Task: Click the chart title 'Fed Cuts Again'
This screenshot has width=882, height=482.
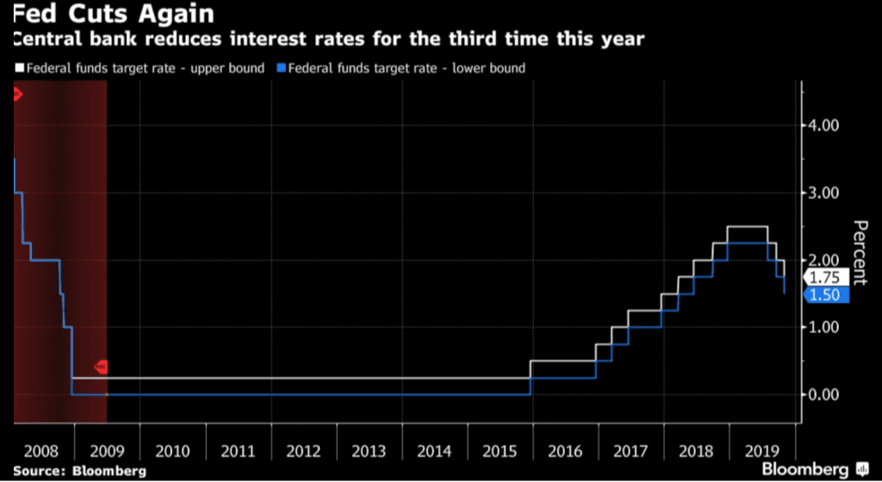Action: [x=112, y=15]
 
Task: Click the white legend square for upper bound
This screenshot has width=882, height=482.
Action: [x=19, y=68]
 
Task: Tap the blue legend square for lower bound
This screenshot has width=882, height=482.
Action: [x=280, y=68]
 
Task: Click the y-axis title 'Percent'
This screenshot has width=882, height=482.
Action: [x=860, y=250]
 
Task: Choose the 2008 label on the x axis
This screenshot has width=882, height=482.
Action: [x=41, y=450]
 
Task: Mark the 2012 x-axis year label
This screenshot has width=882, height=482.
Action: [x=303, y=450]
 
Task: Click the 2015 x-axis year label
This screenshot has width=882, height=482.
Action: [x=500, y=450]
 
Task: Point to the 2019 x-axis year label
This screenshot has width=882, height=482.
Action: [x=761, y=450]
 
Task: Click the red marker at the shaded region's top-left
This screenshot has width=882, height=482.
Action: [x=16, y=94]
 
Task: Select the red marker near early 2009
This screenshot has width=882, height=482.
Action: [x=101, y=367]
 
